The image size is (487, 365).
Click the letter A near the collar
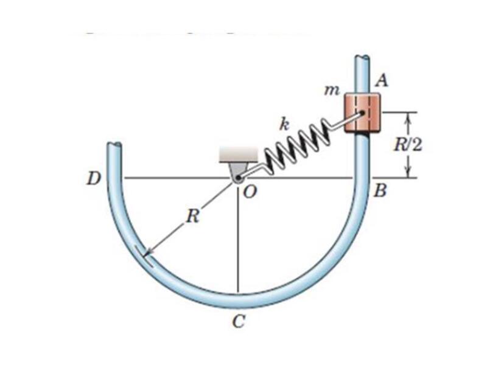point(384,79)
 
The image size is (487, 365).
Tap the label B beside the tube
point(380,191)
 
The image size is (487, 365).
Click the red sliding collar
point(362,112)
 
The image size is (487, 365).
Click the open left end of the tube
point(114,146)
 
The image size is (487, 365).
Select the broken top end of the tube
point(362,59)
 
